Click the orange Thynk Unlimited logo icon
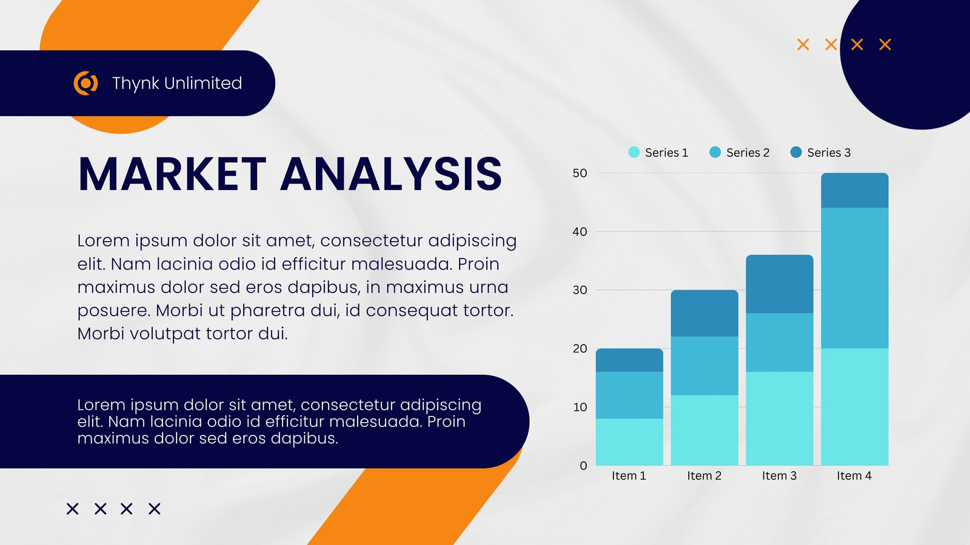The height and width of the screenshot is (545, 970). [85, 83]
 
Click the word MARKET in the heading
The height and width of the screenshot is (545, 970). [172, 174]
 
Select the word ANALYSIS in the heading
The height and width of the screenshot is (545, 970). [391, 174]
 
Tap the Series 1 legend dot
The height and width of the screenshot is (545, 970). [634, 152]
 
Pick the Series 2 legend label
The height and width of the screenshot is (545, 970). [748, 153]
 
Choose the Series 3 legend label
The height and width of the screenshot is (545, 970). [829, 153]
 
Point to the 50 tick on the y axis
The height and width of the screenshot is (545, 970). [580, 173]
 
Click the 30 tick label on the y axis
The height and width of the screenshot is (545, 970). [580, 290]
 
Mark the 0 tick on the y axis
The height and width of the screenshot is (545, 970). [583, 466]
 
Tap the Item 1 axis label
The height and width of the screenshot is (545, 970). [629, 476]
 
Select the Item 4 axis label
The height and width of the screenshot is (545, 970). [854, 476]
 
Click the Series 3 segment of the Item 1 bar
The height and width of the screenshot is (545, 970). [629, 360]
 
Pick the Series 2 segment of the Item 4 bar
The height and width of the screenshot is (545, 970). [854, 278]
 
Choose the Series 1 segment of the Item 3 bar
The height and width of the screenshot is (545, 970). [780, 418]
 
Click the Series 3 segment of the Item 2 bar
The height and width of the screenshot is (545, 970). [704, 313]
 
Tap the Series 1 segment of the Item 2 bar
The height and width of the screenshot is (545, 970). [704, 431]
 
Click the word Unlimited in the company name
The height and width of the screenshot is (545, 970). [202, 83]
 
